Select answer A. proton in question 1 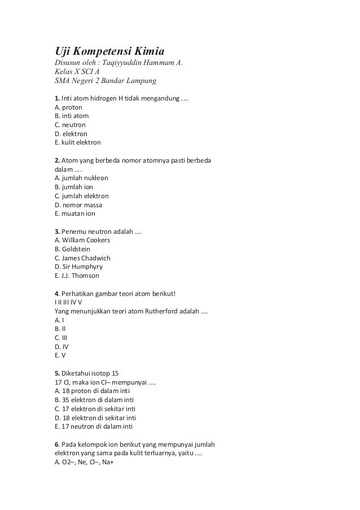click(68, 106)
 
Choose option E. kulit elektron click(77, 142)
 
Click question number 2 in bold click(56, 160)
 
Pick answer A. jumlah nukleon click(81, 177)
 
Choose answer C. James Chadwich click(82, 258)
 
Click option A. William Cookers click(82, 239)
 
